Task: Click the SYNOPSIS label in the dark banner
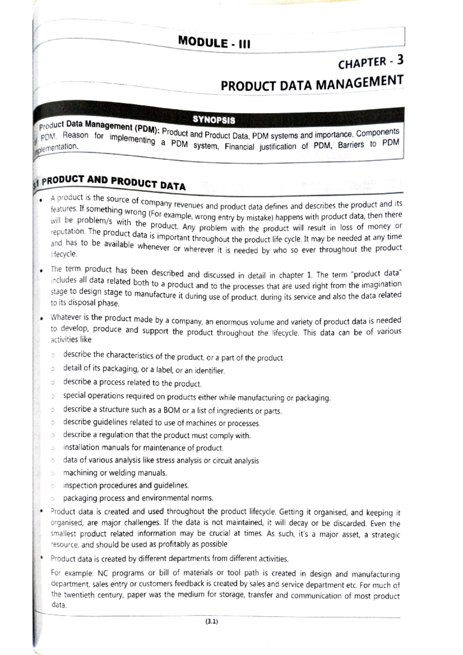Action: pos(214,120)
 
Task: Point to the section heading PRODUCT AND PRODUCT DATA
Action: pos(113,182)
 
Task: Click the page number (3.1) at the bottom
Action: pos(211,621)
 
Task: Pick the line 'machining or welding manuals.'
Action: pos(115,473)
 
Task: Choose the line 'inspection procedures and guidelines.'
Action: pos(126,485)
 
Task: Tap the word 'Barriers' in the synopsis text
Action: pos(351,145)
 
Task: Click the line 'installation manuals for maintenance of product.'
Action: pos(143,448)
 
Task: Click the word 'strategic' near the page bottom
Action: pos(385,535)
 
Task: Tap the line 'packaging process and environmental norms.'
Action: pos(138,498)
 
